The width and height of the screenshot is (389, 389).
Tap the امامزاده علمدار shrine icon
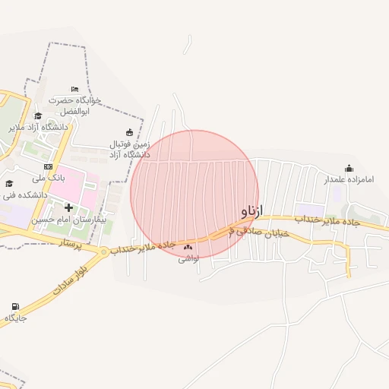coord(349,168)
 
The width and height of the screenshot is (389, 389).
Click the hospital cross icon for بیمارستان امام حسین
coord(68,207)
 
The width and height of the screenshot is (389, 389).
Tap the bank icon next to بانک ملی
coord(48,166)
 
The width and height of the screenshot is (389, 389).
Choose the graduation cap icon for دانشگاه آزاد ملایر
coord(38,115)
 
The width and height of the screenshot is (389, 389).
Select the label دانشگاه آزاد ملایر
coord(38,127)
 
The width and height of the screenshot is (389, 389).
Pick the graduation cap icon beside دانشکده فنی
coord(9,183)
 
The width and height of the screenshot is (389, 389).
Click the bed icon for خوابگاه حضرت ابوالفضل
coord(74,89)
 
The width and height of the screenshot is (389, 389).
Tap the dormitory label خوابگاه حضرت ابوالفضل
coord(69,106)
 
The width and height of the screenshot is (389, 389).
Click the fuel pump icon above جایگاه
coord(14,306)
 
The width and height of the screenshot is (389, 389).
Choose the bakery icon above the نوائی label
coord(188,247)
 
